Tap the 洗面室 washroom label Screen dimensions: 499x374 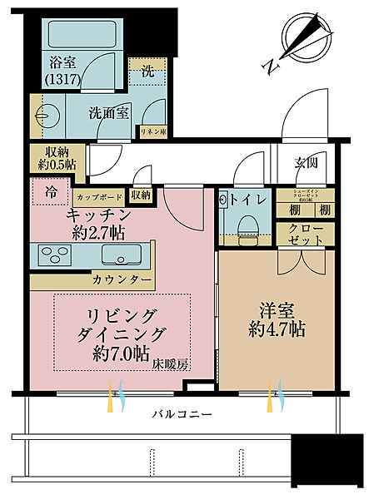[x=108, y=114]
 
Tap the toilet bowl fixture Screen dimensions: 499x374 [x=247, y=228]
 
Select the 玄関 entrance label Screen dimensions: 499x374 [x=306, y=164]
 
